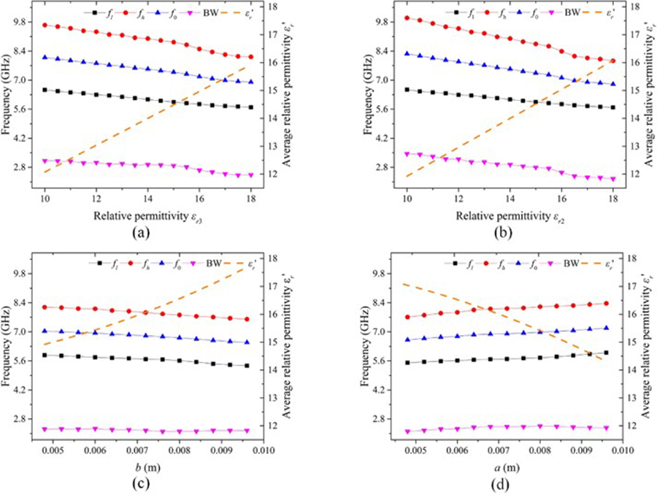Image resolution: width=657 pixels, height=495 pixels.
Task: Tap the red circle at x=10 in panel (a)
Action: tap(45, 25)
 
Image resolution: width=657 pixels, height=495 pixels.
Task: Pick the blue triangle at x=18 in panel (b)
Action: tap(612, 84)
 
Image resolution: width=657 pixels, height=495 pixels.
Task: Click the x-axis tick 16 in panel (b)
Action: tap(561, 198)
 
